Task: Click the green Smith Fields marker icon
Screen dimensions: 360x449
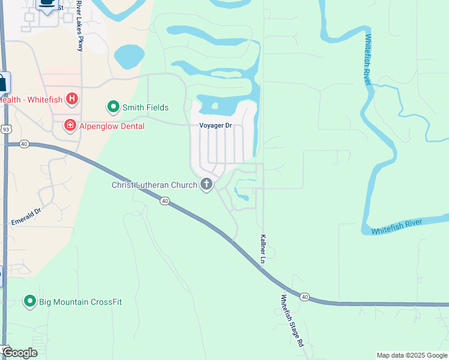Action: (113, 107)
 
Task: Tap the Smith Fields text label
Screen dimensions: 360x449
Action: (145, 108)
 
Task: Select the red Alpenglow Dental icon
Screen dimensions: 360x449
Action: (70, 125)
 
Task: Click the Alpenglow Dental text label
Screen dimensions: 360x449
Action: (110, 125)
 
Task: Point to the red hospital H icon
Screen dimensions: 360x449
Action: (72, 98)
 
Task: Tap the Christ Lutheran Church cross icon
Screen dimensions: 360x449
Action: (206, 184)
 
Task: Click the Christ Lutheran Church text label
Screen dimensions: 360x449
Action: (154, 185)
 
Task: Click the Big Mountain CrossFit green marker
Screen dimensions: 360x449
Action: (30, 301)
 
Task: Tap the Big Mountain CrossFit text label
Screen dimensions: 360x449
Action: (80, 302)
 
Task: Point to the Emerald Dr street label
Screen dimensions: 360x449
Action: (26, 217)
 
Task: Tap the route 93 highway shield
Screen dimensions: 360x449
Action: (5, 129)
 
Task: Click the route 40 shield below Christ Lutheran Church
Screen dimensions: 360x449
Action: (164, 201)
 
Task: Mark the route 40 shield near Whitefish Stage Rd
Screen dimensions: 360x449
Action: (305, 296)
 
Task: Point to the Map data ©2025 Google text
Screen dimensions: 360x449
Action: (412, 355)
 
